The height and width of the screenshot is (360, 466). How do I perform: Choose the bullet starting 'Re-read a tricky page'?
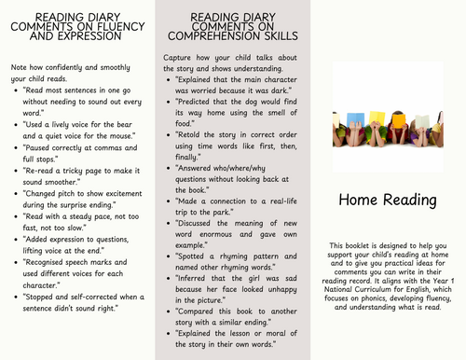(x=77, y=175)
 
